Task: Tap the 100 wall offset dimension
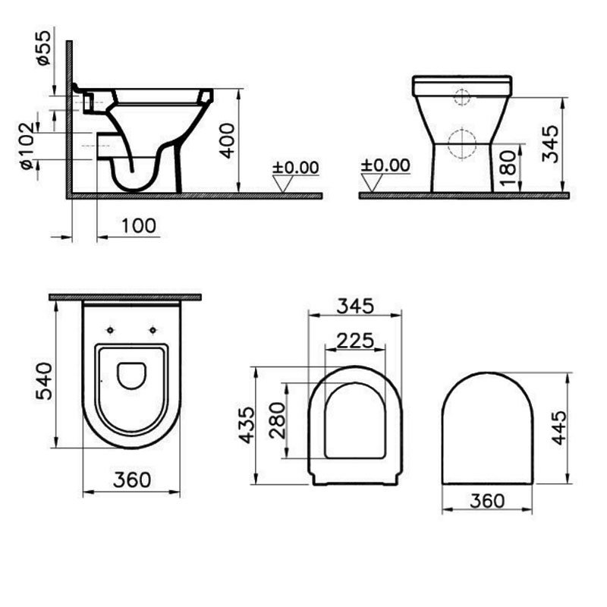point(140,225)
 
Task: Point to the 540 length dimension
point(43,381)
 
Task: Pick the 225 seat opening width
point(354,341)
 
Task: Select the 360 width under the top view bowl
point(132,480)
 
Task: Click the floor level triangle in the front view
point(372,182)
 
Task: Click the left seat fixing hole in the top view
point(111,330)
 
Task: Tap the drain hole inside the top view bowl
point(132,375)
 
